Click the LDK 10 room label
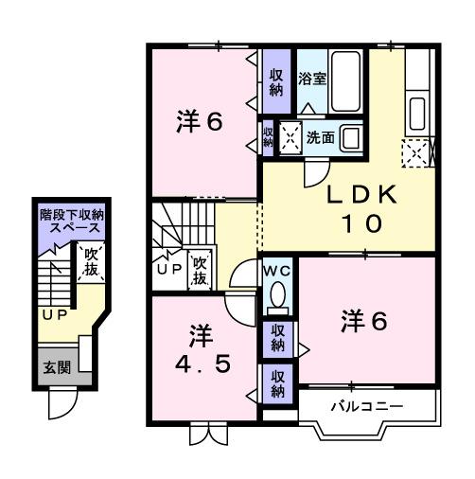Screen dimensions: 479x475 coord(355,209)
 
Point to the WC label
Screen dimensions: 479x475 coord(276,269)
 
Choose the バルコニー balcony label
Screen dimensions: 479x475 coord(366,406)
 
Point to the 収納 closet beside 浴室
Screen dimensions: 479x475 coord(275,81)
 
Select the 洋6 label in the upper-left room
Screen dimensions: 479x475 coord(200,123)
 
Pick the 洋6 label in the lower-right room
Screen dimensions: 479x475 coord(363,322)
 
